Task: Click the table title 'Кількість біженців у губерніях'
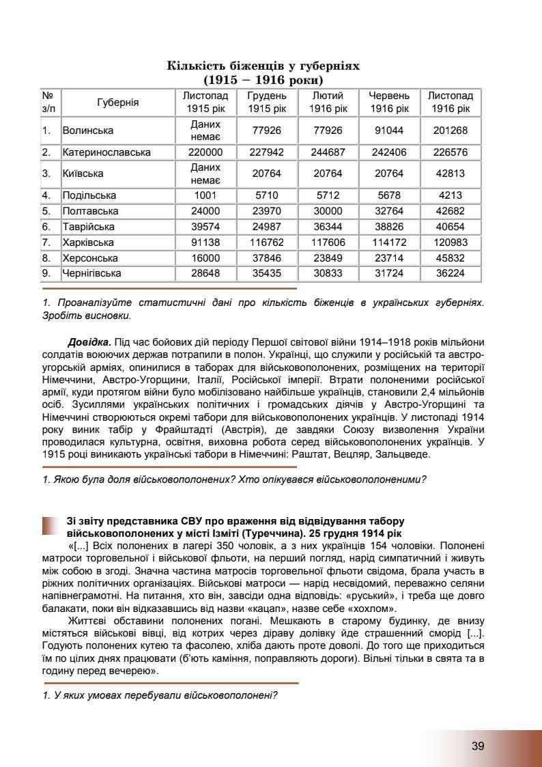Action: coord(263,66)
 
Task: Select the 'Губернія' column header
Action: coord(117,102)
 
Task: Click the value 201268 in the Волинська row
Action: coord(450,130)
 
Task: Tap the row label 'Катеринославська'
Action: coord(106,152)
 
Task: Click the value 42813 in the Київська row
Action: coord(450,173)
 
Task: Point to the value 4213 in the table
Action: coord(450,195)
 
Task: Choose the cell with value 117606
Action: coord(328,242)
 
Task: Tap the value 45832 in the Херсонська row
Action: coord(450,258)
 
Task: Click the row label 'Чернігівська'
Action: coord(91,273)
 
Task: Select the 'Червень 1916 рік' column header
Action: coord(389,102)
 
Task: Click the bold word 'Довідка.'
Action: coord(89,341)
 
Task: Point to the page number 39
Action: coord(478,746)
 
